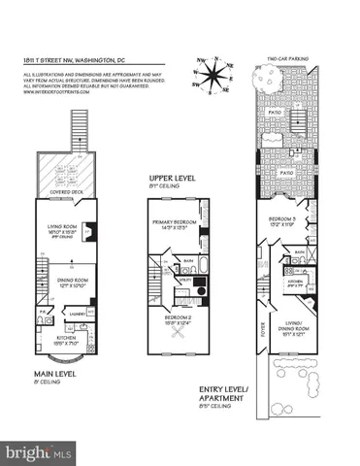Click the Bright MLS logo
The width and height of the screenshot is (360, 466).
coord(38,452)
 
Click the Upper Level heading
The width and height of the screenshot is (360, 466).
coord(171,180)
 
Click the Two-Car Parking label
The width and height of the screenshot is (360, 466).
coord(288,59)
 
